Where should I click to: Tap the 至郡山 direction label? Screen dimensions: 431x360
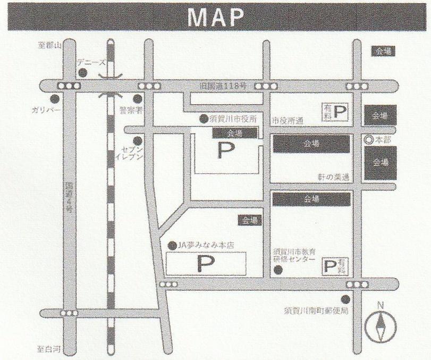(50, 46)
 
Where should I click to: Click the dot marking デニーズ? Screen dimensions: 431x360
(82, 73)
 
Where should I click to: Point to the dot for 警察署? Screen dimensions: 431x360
(137, 99)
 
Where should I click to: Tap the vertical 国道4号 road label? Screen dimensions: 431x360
(69, 198)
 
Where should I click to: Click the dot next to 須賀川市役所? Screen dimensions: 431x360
(203, 119)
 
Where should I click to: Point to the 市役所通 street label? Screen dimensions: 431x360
(288, 121)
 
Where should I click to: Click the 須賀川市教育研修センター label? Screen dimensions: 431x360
(295, 255)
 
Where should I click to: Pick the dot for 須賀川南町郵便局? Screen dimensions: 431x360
(346, 299)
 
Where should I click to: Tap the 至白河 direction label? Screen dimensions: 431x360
(49, 349)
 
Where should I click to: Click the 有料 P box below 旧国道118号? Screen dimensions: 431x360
(335, 111)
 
